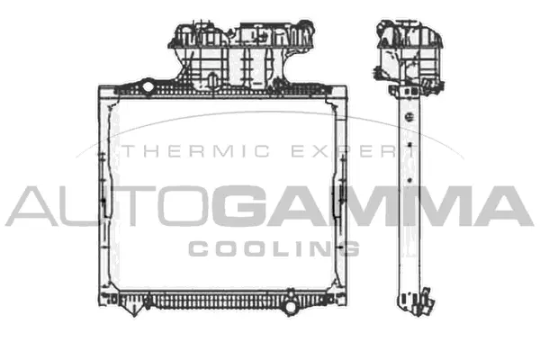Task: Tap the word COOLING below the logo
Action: coord(274,248)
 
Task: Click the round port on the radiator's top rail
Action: coord(148,86)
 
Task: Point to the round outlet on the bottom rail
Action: coord(290,307)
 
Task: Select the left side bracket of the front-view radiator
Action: coord(103,193)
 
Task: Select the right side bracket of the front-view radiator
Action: coord(339,193)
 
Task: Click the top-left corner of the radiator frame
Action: coord(100,89)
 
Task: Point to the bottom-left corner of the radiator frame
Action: coord(100,301)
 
